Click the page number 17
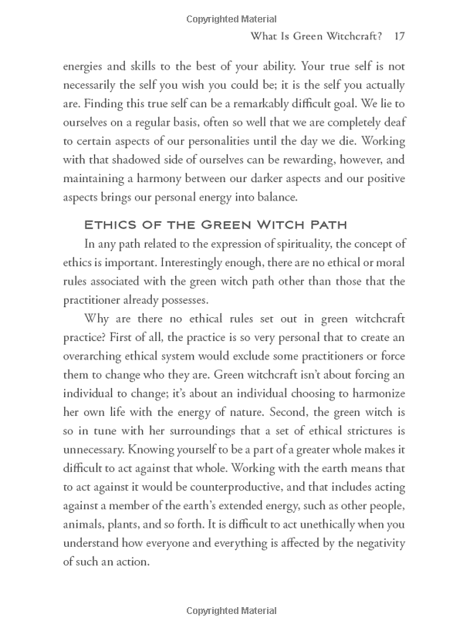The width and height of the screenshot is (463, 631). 399,36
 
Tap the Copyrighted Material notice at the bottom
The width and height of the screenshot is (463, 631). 231,611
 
